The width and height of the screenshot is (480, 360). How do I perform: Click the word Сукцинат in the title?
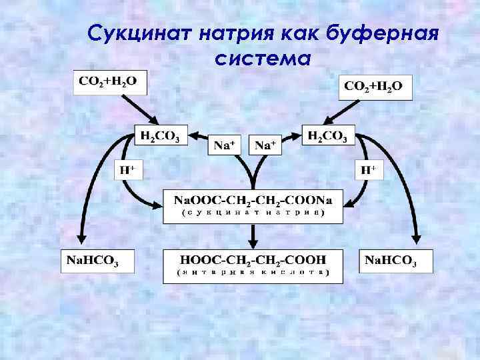click(x=138, y=31)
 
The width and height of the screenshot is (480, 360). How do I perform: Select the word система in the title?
click(x=263, y=59)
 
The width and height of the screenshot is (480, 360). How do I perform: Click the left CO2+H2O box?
click(x=109, y=83)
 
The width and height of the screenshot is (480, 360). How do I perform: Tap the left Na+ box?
click(x=227, y=145)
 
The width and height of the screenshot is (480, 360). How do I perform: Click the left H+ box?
click(x=127, y=171)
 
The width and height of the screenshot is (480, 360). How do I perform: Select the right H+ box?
click(x=367, y=171)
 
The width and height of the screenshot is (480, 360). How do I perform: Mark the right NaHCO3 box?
click(x=396, y=261)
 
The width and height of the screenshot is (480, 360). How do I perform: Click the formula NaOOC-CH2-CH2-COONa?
click(x=253, y=200)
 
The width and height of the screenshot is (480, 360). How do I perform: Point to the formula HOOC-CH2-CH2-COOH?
click(x=253, y=259)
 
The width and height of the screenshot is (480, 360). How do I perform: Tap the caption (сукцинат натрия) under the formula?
click(x=253, y=214)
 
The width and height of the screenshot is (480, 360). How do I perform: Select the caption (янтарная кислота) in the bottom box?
click(x=253, y=273)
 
